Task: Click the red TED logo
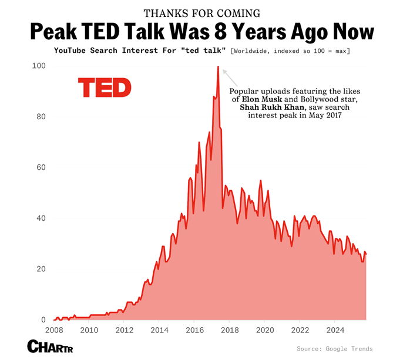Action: pos(105,88)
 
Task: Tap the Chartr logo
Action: pos(48,346)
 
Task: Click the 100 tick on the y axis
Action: pos(39,66)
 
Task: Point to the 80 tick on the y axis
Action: pos(41,117)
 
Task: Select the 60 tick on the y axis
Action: pos(41,167)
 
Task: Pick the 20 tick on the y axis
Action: pos(41,269)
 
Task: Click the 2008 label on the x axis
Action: pos(54,329)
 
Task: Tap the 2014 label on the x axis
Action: pos(160,329)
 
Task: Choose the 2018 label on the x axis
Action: pos(230,329)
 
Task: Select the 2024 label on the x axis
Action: pos(335,329)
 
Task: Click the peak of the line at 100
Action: pos(218,67)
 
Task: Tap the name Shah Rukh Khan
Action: pos(272,108)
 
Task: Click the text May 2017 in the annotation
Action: pos(324,116)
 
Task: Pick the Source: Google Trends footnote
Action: pos(334,349)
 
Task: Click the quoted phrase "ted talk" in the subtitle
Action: pos(207,51)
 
